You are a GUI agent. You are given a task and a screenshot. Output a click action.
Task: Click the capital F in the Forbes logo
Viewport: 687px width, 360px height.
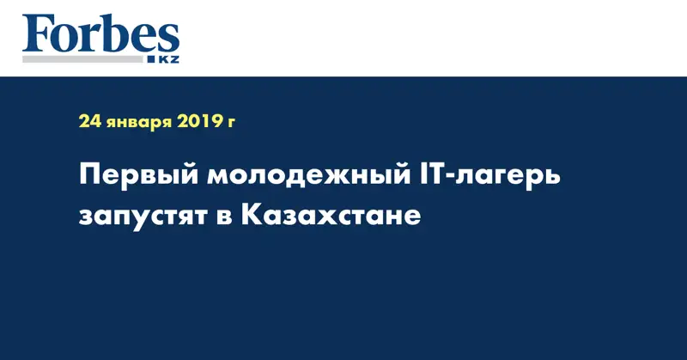[x=35, y=34]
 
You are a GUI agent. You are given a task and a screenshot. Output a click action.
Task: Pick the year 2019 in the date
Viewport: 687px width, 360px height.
[x=199, y=123]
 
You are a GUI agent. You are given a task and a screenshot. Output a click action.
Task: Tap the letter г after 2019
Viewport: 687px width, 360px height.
[x=231, y=125]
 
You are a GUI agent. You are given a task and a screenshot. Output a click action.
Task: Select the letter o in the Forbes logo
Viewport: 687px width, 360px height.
[x=64, y=40]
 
